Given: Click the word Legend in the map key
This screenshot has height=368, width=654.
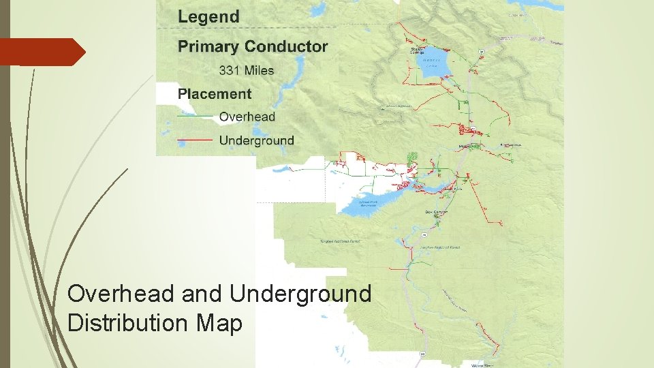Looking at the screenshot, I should click(x=208, y=17).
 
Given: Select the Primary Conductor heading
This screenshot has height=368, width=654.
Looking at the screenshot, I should click(x=253, y=46).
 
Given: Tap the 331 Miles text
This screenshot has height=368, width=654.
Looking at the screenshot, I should click(x=246, y=70).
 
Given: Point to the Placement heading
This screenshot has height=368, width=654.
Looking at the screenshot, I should click(x=215, y=94).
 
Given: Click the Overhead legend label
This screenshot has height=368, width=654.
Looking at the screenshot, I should click(x=247, y=117).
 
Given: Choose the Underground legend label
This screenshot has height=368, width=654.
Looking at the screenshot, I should click(x=256, y=141).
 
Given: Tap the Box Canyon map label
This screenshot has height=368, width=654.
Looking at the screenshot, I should click(x=437, y=212).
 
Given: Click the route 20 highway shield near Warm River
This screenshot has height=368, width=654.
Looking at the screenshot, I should click(x=422, y=353).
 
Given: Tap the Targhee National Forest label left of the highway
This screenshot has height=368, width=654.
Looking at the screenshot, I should click(x=340, y=241).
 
